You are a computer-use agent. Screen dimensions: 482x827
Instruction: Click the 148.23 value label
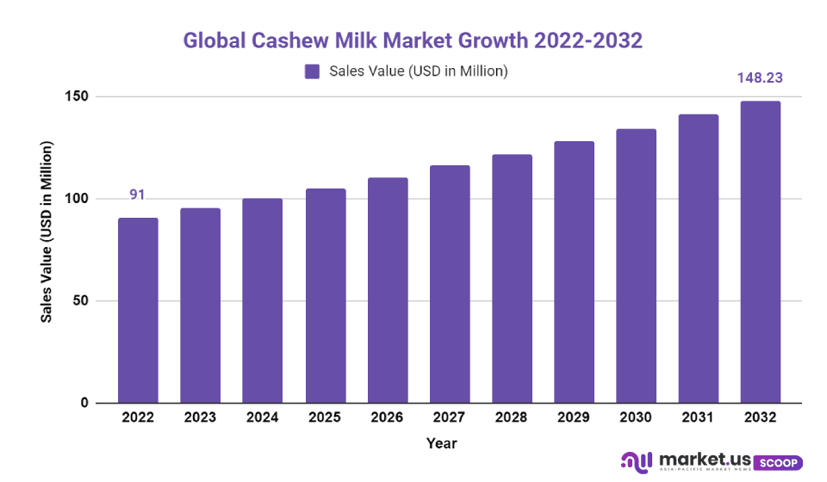(x=760, y=77)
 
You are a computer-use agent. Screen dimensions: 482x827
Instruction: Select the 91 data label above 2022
(x=137, y=195)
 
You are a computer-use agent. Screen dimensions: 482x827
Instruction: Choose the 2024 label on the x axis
(x=262, y=417)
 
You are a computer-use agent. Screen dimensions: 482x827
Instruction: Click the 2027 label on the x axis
(x=449, y=417)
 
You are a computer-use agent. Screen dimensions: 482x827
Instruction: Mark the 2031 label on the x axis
(x=698, y=417)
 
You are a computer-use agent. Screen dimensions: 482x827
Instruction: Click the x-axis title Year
(x=441, y=444)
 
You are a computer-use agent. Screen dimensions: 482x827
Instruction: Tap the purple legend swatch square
(x=312, y=71)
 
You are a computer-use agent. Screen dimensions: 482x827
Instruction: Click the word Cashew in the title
(x=285, y=40)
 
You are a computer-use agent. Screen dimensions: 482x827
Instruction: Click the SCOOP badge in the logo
(x=780, y=462)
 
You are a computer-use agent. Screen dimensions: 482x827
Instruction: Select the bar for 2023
(x=200, y=306)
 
